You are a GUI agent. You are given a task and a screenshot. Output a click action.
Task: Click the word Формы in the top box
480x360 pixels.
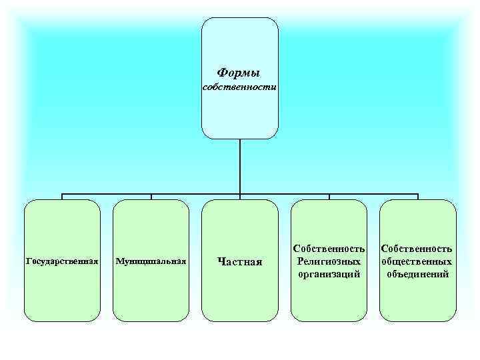[239, 72]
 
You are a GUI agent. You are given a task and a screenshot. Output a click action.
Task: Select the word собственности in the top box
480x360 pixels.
[239, 87]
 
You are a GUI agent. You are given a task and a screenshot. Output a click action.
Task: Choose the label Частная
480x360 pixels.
[240, 261]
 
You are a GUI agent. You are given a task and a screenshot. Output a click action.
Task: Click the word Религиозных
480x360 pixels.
[329, 261]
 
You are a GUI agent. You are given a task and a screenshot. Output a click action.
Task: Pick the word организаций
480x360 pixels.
[329, 273]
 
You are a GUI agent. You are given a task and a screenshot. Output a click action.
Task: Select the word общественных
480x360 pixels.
[417, 261]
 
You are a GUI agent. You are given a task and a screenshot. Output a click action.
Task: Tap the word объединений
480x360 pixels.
[417, 273]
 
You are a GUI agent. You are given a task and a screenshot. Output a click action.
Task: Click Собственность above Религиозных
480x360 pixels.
[329, 249]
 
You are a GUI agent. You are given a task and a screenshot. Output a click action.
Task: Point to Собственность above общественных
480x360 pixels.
[417, 249]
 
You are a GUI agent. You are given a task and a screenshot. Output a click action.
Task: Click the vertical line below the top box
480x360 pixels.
[240, 167]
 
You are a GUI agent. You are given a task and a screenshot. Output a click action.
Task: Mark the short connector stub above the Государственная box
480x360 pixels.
[62, 197]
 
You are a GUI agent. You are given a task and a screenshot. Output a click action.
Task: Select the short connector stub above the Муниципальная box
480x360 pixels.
[151, 197]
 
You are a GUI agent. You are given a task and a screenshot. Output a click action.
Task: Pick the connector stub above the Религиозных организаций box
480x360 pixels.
[329, 197]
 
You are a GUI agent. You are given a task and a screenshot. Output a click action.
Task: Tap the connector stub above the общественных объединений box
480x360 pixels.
[418, 197]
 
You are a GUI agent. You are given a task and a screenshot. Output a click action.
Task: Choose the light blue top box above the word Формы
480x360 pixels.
[240, 40]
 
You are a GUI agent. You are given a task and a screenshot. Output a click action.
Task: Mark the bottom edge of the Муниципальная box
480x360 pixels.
[151, 321]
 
